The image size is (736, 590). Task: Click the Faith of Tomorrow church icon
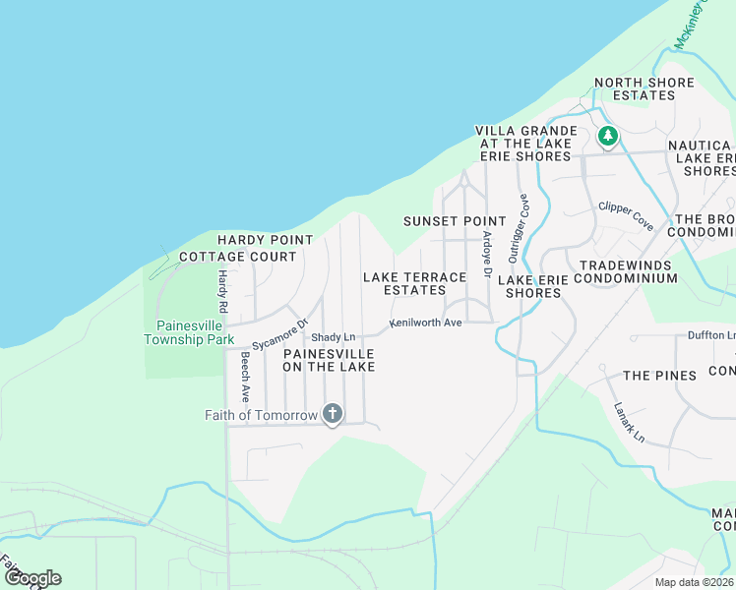(x=333, y=414)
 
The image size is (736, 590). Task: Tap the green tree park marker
(x=608, y=136)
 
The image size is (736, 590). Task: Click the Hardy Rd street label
(x=223, y=292)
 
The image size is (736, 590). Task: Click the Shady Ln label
(x=333, y=337)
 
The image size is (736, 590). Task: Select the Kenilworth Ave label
(x=425, y=323)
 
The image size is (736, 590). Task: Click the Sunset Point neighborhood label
(x=454, y=221)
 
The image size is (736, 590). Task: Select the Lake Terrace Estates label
(x=414, y=283)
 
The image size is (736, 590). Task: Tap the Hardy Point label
(x=265, y=240)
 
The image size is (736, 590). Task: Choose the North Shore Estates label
(x=644, y=88)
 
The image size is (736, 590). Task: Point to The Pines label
(x=659, y=376)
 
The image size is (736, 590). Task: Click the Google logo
(x=31, y=578)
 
